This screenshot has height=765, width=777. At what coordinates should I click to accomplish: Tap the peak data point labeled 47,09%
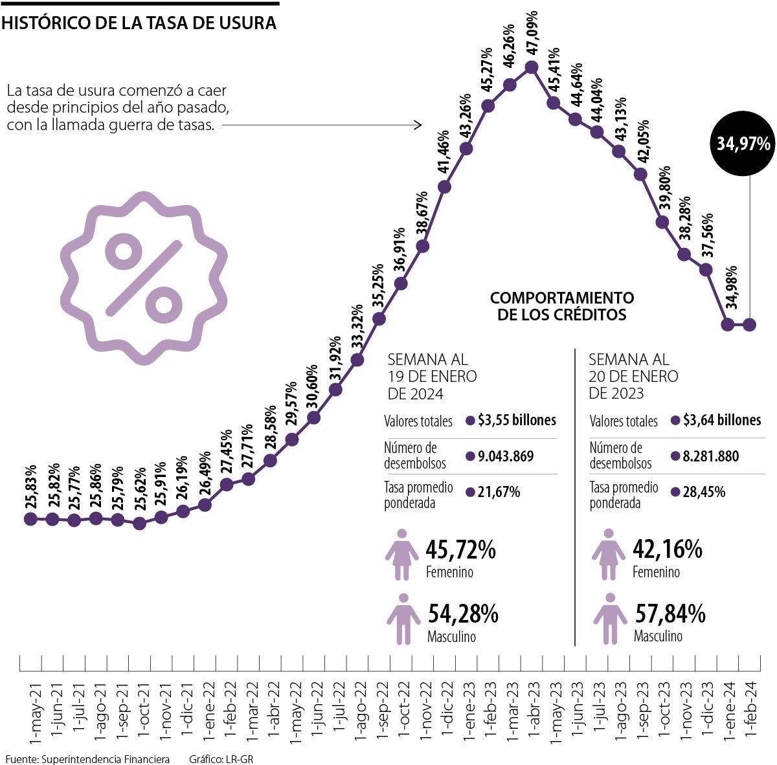click(532, 67)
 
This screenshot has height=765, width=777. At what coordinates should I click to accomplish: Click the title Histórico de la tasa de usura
click(139, 24)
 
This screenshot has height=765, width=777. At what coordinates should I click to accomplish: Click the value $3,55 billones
click(517, 421)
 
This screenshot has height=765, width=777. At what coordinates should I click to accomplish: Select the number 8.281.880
click(711, 456)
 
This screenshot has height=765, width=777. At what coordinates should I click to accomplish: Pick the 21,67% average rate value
click(499, 492)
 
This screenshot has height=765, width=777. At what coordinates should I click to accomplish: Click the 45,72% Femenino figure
click(460, 550)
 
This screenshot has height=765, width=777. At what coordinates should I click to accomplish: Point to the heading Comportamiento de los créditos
click(562, 306)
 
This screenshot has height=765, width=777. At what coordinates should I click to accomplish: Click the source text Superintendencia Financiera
click(105, 759)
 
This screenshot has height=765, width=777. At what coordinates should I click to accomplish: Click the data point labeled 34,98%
click(728, 324)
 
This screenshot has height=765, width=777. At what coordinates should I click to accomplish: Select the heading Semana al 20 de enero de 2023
click(633, 376)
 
